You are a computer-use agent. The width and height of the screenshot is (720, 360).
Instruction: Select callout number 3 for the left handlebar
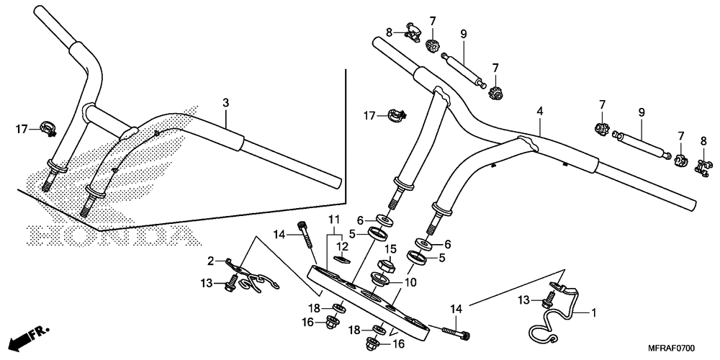pos(225,103)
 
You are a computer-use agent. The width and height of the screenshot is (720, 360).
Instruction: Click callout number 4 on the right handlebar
pos(539,112)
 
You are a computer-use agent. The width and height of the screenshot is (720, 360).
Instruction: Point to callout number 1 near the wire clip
pos(594,313)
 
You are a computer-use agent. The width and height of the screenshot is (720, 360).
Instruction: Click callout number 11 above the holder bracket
pos(333,219)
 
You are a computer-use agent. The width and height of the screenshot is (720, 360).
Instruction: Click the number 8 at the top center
pos(389,32)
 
